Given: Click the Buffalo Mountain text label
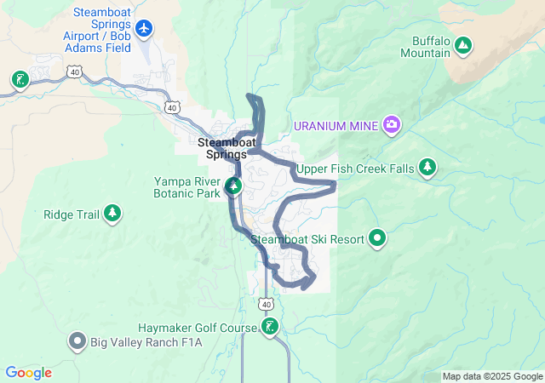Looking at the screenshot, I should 431,47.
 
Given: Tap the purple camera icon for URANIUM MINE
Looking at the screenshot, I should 392,126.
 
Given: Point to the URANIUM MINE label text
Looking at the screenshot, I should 337,126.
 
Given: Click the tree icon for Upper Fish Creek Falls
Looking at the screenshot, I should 427,169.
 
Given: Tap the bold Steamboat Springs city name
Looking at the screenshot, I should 222,148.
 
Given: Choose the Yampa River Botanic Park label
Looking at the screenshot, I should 186,187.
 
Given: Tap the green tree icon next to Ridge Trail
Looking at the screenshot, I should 112,214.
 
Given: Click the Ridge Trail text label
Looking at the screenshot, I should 72,214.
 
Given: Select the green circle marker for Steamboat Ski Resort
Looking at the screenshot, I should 377,239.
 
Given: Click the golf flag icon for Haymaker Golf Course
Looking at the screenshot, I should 270,328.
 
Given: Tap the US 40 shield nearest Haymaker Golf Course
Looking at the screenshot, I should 267,304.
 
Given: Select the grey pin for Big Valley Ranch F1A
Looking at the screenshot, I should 77,342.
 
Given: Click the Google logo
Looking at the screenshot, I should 28,373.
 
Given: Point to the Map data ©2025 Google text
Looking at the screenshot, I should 492,376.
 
